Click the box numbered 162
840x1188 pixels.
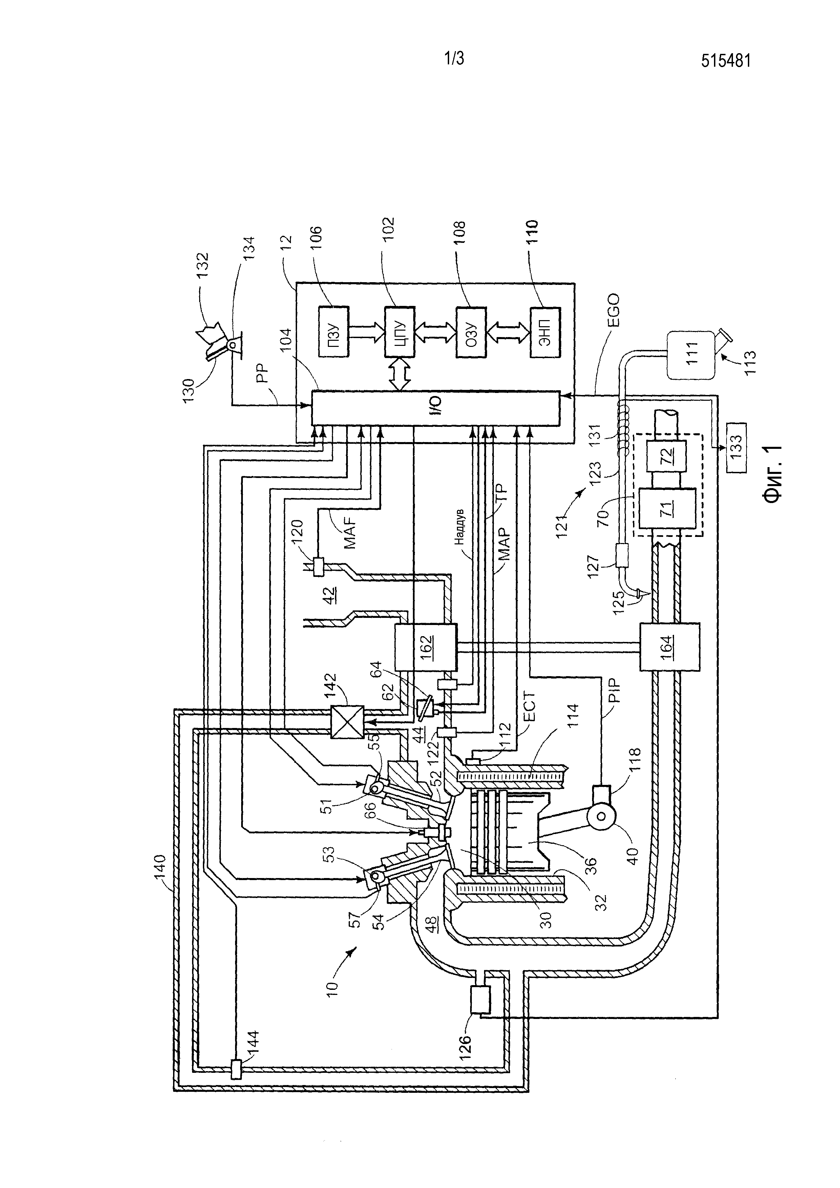point(426,647)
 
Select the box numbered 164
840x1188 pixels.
point(670,647)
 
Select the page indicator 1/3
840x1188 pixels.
point(454,59)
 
